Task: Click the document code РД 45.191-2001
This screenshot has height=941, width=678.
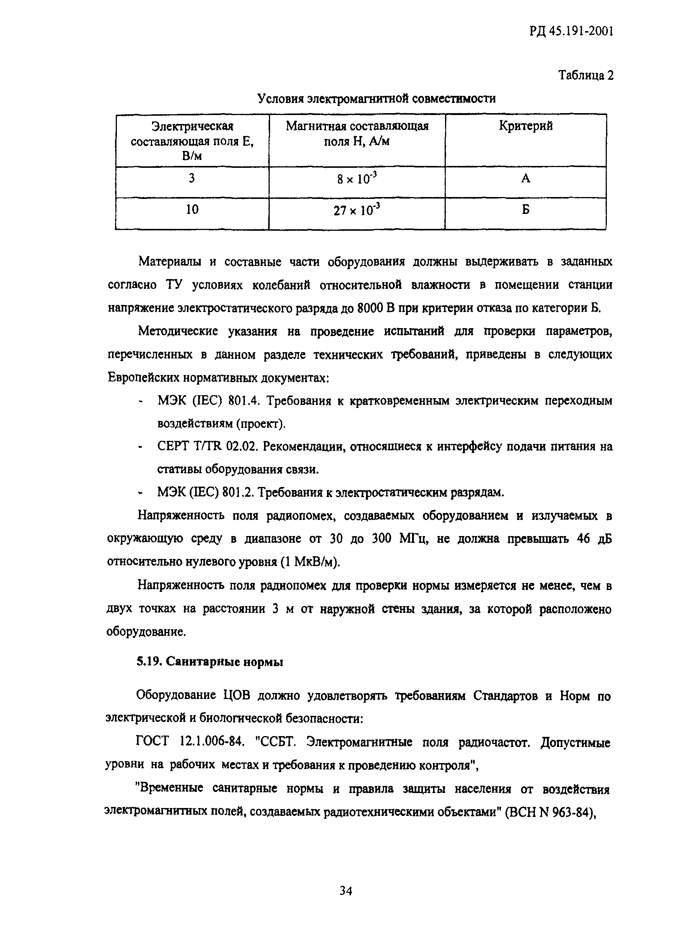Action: click(x=571, y=31)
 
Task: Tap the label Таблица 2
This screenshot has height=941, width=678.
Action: click(x=585, y=75)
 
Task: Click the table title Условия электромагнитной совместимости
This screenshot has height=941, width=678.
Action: click(x=376, y=99)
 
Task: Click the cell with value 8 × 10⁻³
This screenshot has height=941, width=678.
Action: click(x=357, y=179)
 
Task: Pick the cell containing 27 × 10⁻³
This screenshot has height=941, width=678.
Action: click(x=357, y=211)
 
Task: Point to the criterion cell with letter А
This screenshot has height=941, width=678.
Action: click(x=525, y=179)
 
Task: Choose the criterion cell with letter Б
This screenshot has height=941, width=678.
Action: click(x=525, y=210)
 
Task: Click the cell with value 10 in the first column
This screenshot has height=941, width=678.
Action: click(x=192, y=210)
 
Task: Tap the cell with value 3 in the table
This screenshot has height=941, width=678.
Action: click(x=192, y=179)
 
